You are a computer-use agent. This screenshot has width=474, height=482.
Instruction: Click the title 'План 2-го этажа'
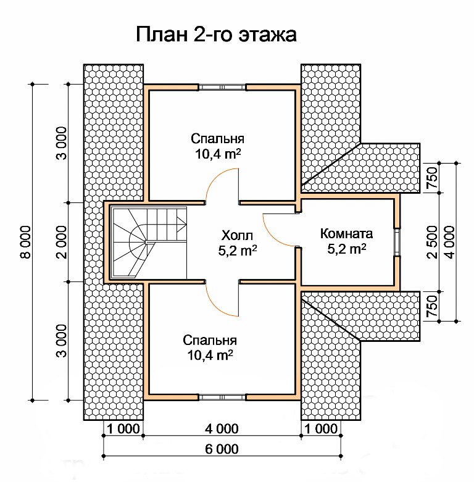coord(216,35)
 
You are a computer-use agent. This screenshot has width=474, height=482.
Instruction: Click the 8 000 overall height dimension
coord(25,242)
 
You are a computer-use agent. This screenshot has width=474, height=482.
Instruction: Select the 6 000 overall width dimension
coord(222,449)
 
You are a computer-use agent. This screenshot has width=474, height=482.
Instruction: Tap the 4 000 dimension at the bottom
coord(222,428)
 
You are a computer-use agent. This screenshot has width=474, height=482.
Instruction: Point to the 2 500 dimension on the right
coord(432,242)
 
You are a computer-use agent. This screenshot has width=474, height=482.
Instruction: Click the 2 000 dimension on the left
coord(61,242)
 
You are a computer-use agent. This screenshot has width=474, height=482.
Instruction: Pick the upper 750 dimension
coord(432,178)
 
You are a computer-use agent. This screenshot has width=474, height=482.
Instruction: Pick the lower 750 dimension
coord(432,306)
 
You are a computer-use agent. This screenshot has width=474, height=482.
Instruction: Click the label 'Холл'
coord(237,236)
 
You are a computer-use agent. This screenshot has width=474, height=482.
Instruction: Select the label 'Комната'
coord(346,234)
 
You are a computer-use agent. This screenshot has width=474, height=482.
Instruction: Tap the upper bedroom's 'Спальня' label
coord(217,139)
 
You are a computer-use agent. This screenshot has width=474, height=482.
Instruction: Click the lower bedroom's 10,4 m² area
coord(210,355)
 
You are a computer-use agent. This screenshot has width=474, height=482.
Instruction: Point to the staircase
coord(150,243)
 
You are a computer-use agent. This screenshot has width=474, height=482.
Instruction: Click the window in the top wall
coord(222,87)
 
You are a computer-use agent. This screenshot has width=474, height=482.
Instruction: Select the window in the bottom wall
coord(222,397)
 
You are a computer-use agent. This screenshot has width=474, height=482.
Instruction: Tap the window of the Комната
coord(397,242)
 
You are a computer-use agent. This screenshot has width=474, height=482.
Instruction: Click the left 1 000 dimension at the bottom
coord(123,428)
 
